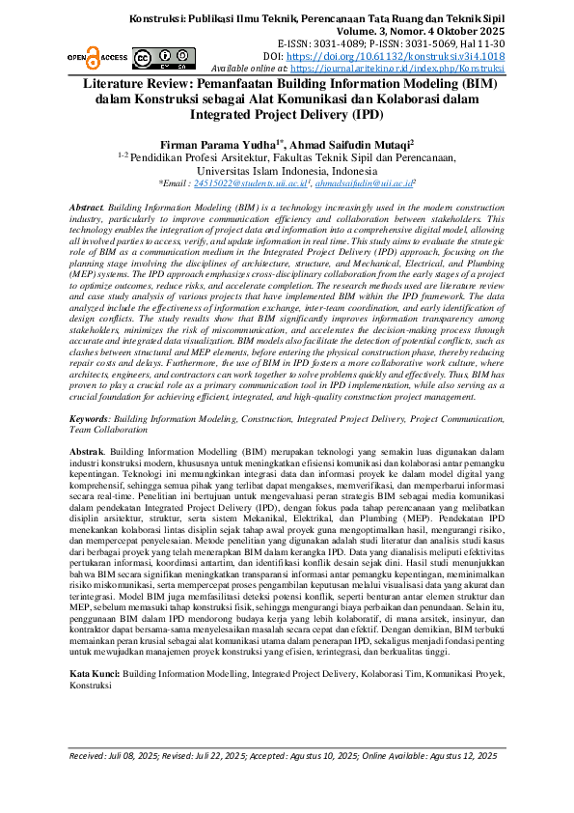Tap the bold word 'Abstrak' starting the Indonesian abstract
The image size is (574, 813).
[x=87, y=452]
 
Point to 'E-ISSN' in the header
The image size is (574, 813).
[x=294, y=44]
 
